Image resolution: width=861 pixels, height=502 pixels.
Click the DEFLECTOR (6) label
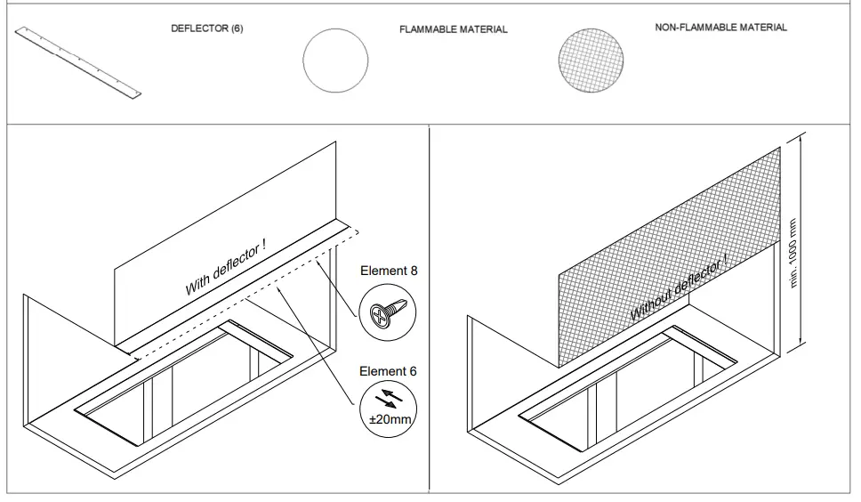pyautogui.click(x=206, y=28)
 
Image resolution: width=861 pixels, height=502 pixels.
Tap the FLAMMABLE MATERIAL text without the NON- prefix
pyautogui.click(x=454, y=29)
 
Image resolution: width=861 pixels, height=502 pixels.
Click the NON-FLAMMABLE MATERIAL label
pyautogui.click(x=720, y=28)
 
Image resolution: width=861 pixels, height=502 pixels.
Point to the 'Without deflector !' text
pyautogui.click(x=679, y=287)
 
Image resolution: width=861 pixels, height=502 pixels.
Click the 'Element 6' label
pyautogui.click(x=388, y=371)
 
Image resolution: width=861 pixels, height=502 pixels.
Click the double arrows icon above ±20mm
pyautogui.click(x=388, y=399)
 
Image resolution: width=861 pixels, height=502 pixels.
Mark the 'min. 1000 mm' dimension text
pyautogui.click(x=793, y=254)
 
